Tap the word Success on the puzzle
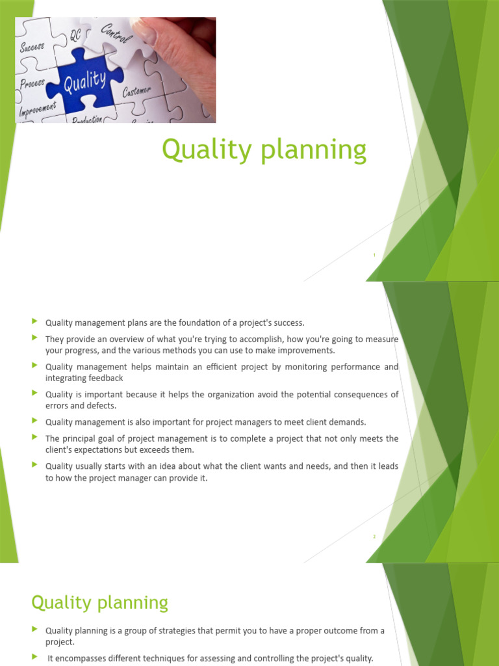(32, 47)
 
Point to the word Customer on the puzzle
(136, 91)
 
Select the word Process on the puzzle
(32, 84)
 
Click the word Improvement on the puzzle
(38, 109)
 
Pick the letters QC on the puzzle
(75, 37)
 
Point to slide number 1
(374, 256)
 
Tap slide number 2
(374, 537)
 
